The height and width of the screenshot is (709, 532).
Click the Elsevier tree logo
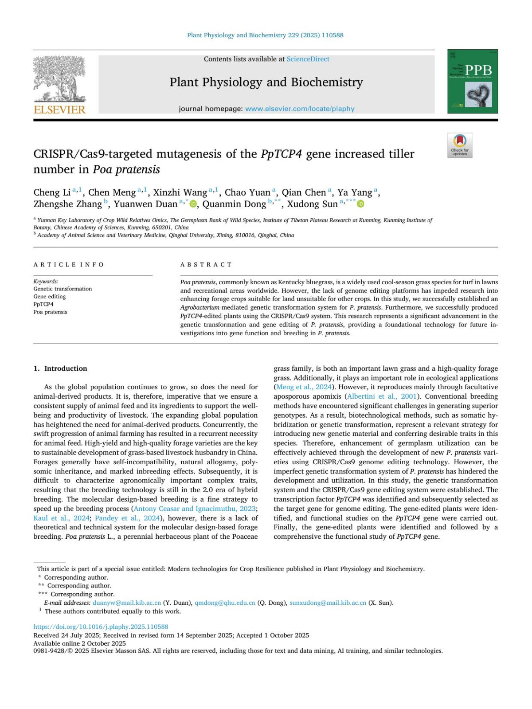click(x=59, y=80)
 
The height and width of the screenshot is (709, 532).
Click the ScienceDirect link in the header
click(x=308, y=59)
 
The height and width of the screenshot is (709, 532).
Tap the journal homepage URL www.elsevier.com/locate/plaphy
click(x=300, y=109)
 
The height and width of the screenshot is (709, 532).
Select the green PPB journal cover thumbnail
click(x=473, y=82)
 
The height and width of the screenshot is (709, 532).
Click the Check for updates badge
click(x=460, y=145)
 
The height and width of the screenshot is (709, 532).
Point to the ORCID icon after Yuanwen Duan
click(x=193, y=204)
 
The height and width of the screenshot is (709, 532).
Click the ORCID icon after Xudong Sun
click(x=361, y=204)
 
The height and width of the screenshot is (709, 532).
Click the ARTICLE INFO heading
click(x=69, y=265)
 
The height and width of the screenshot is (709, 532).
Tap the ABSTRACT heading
click(x=206, y=265)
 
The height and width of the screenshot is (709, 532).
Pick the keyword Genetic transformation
click(x=63, y=289)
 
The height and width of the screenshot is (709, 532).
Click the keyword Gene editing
click(x=50, y=297)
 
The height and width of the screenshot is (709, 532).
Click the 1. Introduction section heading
click(x=60, y=368)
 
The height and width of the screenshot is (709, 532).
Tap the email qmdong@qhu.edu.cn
click(x=225, y=603)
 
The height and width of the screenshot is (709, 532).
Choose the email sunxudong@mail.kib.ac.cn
click(x=328, y=603)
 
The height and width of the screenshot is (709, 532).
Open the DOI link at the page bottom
click(x=101, y=627)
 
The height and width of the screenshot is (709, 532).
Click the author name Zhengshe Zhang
click(x=67, y=204)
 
